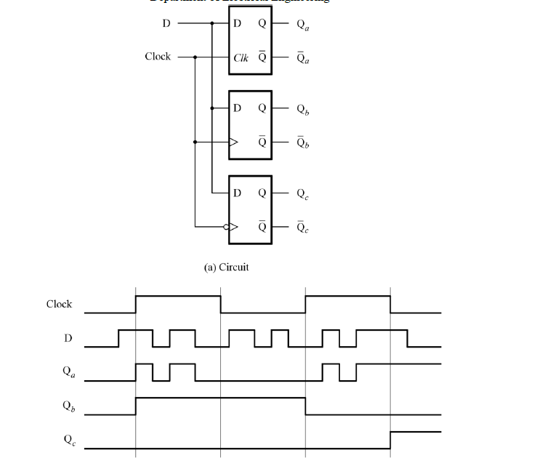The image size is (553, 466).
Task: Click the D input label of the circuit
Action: pos(166,23)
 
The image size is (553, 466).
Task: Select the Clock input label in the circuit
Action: pos(158,56)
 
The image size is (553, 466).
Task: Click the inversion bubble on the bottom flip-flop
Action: pos(226,227)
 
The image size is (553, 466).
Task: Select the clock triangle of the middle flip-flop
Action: pos(233,142)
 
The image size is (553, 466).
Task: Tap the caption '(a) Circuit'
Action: pos(226,268)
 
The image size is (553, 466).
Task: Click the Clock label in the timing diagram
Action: pos(59,304)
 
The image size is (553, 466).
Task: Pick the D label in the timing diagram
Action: pos(66,338)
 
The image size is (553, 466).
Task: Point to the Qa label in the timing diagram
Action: pos(67,371)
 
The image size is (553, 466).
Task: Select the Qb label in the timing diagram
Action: pos(67,406)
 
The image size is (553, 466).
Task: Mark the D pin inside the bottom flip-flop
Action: pos(237,193)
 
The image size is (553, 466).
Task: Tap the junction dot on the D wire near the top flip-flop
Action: pos(211,23)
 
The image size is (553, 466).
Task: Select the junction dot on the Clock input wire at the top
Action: pos(195,57)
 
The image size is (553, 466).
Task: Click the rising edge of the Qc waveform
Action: pos(391,440)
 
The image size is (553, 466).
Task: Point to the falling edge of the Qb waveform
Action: pos(306,406)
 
